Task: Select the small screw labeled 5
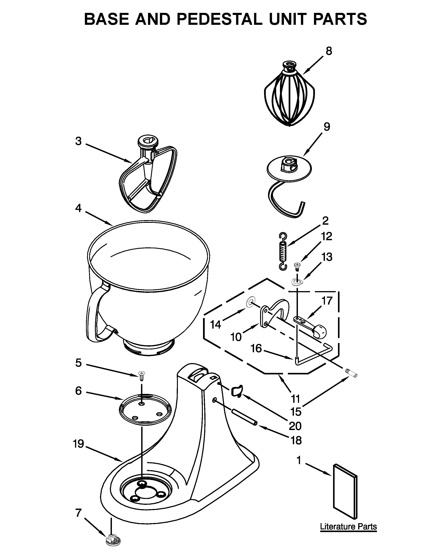(142, 376)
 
